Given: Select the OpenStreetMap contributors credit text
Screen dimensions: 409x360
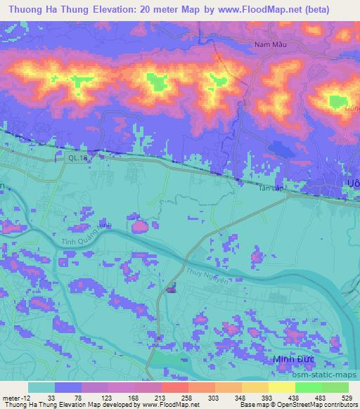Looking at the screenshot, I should [317, 405].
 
